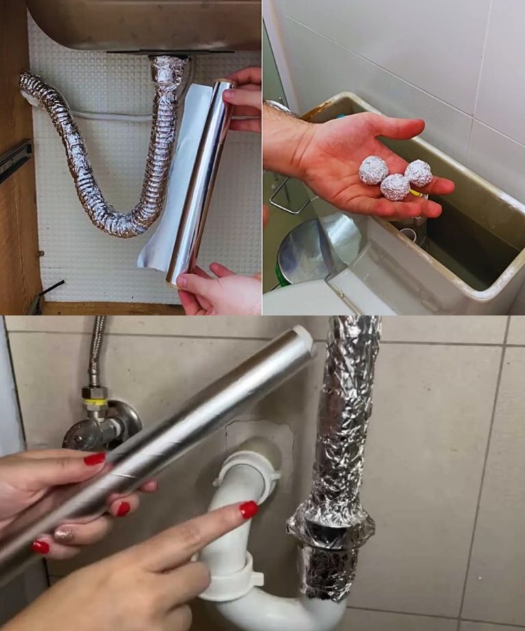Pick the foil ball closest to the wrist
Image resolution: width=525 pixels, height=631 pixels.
click(373, 170)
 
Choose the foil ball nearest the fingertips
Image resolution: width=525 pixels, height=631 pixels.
click(418, 173)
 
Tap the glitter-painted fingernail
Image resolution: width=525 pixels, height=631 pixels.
click(64, 535)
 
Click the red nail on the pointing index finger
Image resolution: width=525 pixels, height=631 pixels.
click(248, 509)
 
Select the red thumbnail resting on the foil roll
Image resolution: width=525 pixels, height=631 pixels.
click(94, 459)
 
